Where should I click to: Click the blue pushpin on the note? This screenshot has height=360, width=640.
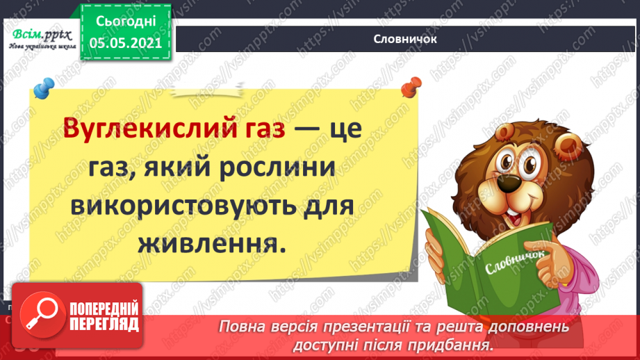pyautogui.click(x=44, y=88)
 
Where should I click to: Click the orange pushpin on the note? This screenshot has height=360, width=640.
pyautogui.click(x=411, y=88)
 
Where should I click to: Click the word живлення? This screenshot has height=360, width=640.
pyautogui.click(x=211, y=245)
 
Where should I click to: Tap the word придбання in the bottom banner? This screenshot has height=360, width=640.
pyautogui.click(x=462, y=344)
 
